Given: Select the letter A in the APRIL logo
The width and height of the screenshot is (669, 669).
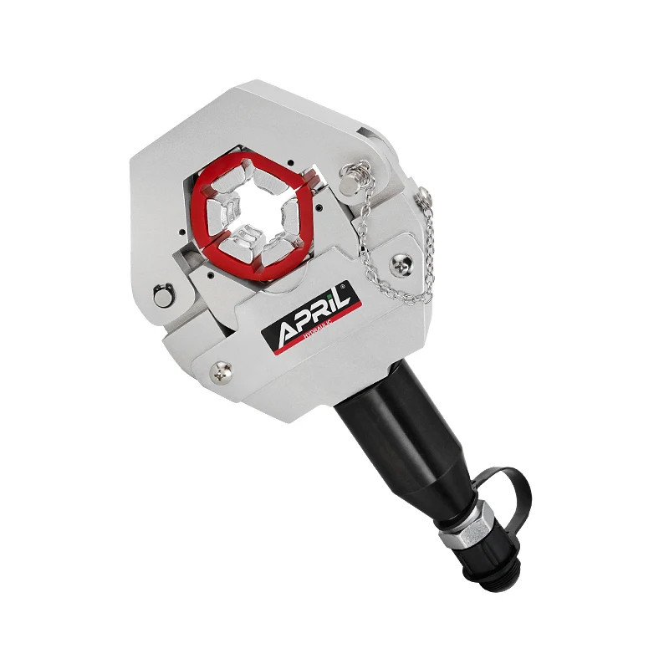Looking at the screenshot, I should point(282,329).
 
